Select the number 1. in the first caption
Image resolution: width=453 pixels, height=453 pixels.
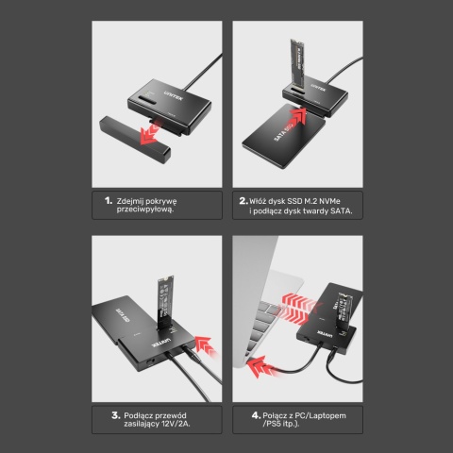109,201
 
